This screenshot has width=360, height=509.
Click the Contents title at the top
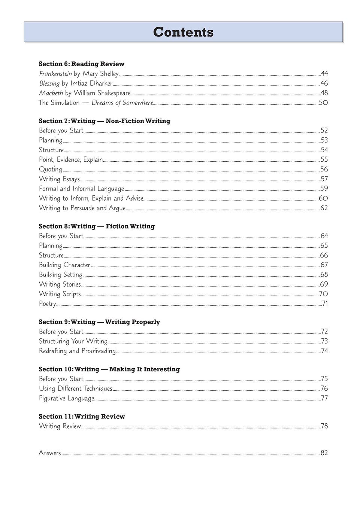183,32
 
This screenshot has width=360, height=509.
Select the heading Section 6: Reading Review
82,64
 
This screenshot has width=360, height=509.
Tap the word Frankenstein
55,74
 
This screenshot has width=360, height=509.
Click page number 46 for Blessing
324,83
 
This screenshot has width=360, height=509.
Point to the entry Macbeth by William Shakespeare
85,93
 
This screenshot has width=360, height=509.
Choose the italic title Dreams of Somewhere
122,103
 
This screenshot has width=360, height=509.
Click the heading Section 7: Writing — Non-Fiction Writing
105,121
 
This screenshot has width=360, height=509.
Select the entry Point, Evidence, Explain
71,160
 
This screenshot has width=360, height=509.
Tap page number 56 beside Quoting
324,170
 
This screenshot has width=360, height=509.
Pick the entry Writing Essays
59,179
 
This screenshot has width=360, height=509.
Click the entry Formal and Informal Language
81,189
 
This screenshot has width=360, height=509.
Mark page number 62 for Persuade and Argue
324,208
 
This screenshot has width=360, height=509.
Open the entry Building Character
64,265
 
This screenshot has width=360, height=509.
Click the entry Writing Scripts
60,294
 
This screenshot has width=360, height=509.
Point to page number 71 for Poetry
325,304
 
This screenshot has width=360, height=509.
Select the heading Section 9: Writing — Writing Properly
99,322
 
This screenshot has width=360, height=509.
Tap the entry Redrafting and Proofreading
77,351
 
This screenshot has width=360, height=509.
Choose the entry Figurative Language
66,399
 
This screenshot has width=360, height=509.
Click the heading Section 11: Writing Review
82,417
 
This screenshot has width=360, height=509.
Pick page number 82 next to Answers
324,453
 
